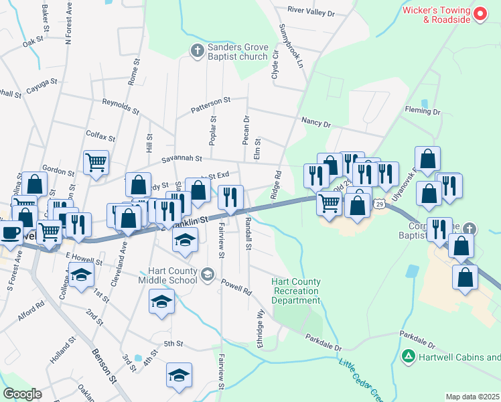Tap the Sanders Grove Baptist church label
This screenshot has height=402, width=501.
(238, 51)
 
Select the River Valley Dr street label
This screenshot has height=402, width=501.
(310, 11)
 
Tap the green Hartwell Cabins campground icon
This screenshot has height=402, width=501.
(407, 354)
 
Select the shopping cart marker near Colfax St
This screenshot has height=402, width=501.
(96, 161)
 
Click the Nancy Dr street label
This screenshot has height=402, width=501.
(316, 123)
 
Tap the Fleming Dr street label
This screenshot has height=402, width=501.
(422, 111)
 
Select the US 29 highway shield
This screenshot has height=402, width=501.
(380, 203)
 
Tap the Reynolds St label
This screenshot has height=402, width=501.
(121, 106)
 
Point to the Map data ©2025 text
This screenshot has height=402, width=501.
(472, 397)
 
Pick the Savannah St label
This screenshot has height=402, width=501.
(182, 159)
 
